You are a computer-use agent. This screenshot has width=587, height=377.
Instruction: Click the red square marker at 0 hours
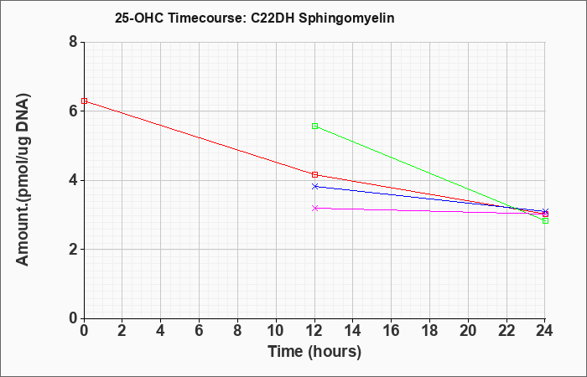(x=84, y=101)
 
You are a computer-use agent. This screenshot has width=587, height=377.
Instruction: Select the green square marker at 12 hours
(x=314, y=126)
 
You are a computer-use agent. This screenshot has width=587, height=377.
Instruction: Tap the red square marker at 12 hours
(x=314, y=174)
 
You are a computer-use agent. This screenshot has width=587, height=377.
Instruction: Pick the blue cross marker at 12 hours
(x=314, y=186)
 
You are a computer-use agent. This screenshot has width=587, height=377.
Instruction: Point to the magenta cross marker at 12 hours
(x=314, y=208)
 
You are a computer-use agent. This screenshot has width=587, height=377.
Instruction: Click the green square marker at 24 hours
(x=545, y=220)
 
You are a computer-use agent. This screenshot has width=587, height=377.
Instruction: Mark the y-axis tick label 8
(x=73, y=42)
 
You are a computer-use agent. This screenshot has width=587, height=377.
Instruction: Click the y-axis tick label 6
(x=73, y=111)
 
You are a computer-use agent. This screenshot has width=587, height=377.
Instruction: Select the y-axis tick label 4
(x=73, y=180)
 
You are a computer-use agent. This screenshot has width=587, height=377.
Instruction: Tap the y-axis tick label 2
(x=73, y=250)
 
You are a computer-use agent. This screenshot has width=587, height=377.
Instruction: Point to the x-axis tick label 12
(x=314, y=331)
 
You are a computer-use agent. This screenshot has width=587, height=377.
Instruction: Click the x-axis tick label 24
(x=545, y=331)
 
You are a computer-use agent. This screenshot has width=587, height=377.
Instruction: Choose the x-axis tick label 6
(x=200, y=331)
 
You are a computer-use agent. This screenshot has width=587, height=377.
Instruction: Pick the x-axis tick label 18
(x=429, y=331)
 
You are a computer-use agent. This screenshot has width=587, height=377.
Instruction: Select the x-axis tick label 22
(x=506, y=331)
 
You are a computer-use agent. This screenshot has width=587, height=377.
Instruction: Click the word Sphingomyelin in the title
(x=346, y=18)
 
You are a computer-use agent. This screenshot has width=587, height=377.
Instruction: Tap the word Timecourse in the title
(x=206, y=18)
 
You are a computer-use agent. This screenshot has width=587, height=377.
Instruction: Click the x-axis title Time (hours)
(x=314, y=352)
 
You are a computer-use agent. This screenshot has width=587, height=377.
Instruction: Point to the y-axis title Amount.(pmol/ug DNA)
(x=23, y=179)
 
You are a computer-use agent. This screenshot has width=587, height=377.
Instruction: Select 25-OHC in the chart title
(x=139, y=18)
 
